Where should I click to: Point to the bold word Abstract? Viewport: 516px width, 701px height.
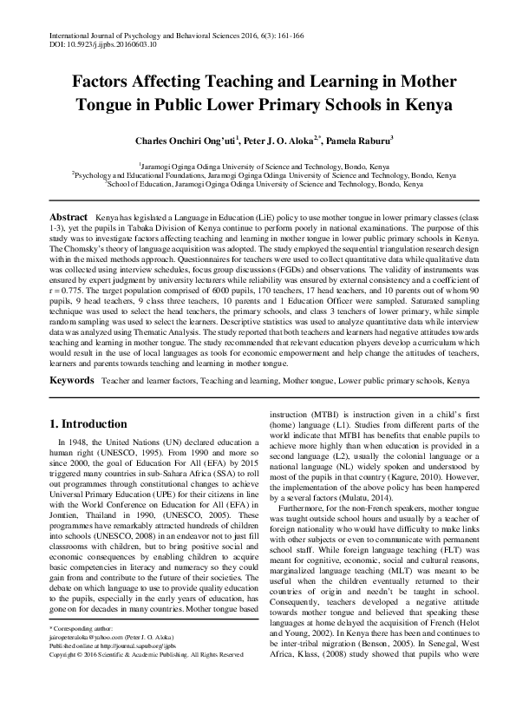tap(68, 214)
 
